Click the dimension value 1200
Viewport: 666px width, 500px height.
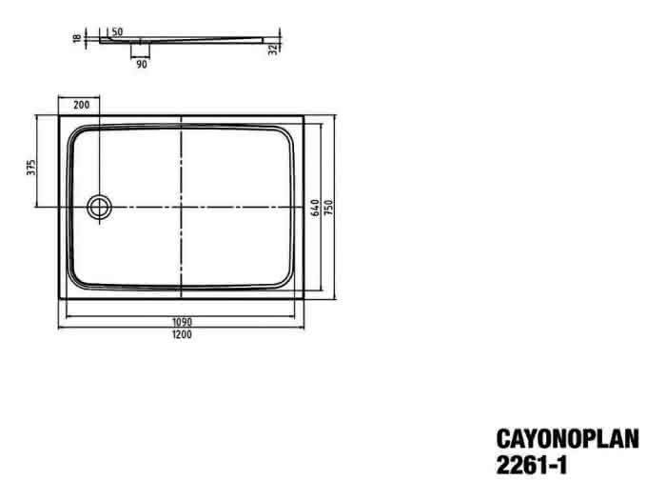tap(182, 334)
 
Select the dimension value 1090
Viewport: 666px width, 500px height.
tap(182, 322)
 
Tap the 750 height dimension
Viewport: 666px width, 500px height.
tap(329, 207)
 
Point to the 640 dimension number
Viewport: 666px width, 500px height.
tap(316, 208)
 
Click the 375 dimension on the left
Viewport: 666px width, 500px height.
tap(31, 168)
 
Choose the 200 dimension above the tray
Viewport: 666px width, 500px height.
tap(82, 105)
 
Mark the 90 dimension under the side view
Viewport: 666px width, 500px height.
tap(142, 64)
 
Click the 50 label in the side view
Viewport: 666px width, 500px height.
tap(117, 31)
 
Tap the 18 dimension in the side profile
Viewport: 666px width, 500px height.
tap(77, 38)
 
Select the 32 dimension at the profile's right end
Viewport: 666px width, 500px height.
tap(273, 50)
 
